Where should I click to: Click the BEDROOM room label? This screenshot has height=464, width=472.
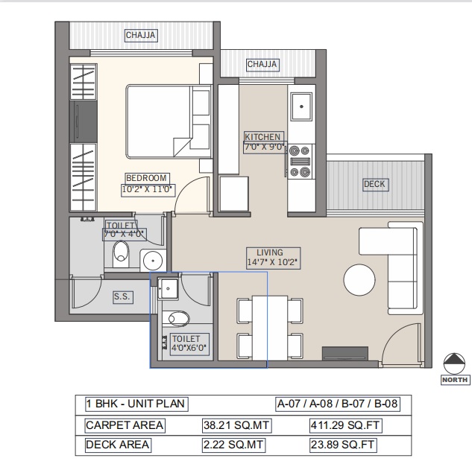[146, 178]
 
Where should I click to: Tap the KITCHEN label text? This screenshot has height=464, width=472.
[262, 137]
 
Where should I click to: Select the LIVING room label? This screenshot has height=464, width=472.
[270, 252]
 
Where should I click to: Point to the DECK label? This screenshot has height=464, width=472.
[374, 184]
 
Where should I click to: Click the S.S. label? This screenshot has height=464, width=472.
[122, 297]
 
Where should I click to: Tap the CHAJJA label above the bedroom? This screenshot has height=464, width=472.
[141, 35]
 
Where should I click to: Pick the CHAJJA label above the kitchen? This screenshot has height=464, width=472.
[262, 64]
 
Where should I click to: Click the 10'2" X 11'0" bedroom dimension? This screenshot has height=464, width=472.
[147, 189]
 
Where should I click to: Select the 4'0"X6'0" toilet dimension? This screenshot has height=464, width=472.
[189, 348]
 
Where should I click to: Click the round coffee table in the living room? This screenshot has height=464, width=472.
[359, 279]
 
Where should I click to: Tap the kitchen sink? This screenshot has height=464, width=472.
[301, 107]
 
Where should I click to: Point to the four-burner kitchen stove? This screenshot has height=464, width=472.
[300, 162]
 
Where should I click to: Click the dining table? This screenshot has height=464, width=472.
[270, 328]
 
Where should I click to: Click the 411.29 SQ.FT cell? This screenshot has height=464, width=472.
[345, 425]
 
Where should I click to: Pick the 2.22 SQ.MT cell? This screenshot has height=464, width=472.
[233, 445]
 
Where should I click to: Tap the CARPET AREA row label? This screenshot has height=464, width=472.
[125, 425]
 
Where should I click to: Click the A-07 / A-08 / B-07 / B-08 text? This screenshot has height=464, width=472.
[338, 404]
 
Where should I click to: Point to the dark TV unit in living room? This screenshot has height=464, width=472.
[345, 353]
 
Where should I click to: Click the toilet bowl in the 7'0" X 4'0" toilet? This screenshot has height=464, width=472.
[121, 252]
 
